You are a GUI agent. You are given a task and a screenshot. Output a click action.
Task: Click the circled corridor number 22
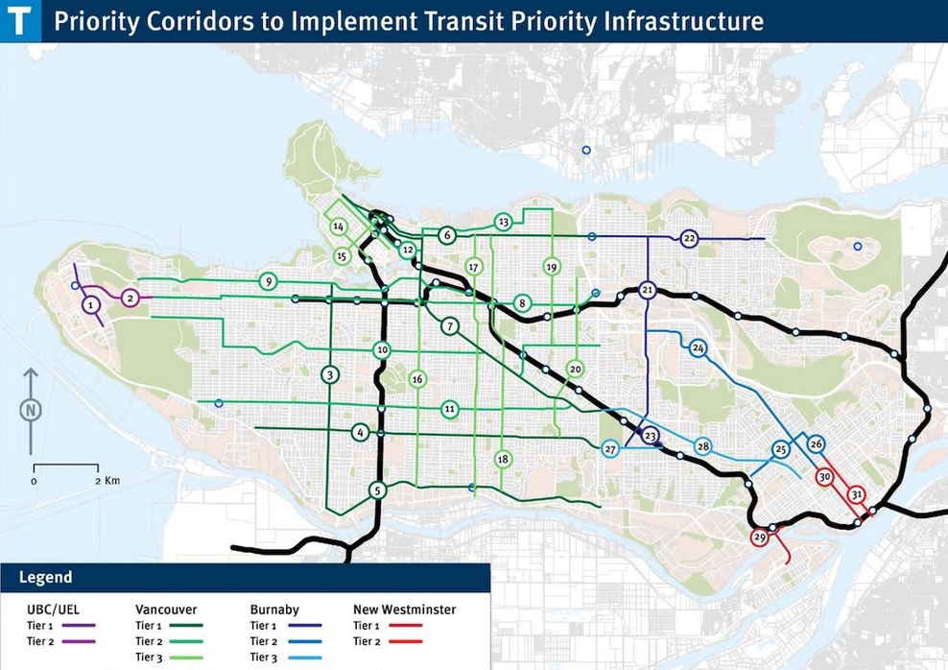click(689, 238)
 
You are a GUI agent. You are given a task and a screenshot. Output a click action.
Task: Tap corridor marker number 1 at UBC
click(90, 305)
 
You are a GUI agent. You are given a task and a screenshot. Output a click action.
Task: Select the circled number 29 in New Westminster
click(760, 538)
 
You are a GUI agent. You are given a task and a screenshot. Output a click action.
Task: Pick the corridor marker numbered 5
click(378, 491)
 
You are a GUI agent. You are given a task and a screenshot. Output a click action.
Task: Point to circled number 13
click(502, 223)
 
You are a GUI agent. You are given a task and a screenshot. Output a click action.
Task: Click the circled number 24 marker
click(698, 347)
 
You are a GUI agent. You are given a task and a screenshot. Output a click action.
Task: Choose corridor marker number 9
click(268, 281)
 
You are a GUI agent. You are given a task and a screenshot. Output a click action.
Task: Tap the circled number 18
click(503, 460)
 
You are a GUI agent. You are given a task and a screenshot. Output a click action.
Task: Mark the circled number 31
click(857, 494)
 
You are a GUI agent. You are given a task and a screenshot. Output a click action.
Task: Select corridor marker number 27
click(610, 449)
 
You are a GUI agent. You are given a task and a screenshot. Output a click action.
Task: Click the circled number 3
click(329, 374)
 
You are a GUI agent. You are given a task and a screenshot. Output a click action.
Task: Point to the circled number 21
click(648, 290)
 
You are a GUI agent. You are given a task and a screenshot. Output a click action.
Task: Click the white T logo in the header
click(20, 20)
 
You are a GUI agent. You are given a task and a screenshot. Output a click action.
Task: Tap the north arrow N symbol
click(32, 409)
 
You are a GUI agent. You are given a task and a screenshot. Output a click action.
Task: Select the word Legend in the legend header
click(45, 578)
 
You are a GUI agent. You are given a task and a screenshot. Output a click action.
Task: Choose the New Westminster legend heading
click(404, 610)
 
